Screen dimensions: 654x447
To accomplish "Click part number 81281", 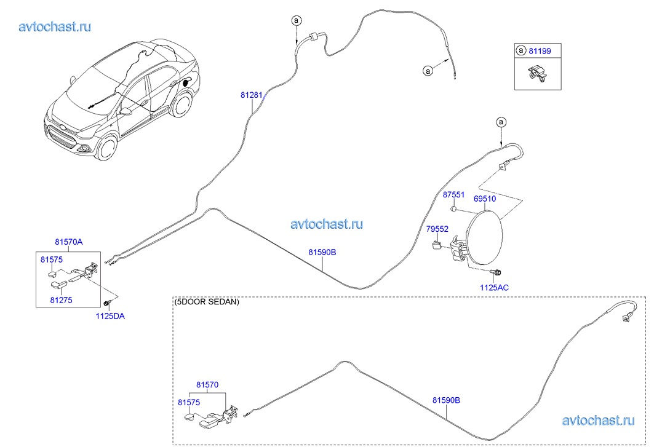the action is (x=252, y=95).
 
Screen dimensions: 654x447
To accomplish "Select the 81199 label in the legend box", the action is (x=540, y=51).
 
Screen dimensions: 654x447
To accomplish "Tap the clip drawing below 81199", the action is (x=537, y=73).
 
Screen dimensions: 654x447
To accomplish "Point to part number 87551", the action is (x=453, y=195).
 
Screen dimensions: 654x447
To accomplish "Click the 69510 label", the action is (x=485, y=199).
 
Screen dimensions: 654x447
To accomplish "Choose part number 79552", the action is (x=437, y=229).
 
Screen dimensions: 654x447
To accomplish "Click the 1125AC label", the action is (x=494, y=288).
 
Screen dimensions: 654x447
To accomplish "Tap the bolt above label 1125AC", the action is (x=496, y=272).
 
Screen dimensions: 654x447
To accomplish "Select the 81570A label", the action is (x=69, y=242).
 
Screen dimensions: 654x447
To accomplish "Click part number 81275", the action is (x=61, y=300).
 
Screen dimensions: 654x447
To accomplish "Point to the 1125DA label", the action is (x=110, y=316).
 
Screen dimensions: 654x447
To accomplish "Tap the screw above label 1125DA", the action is (x=108, y=303).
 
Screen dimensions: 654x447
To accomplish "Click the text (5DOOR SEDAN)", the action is (x=207, y=302).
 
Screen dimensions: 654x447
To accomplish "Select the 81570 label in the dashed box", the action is (x=207, y=385).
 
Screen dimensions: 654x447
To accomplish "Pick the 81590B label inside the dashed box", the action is (x=446, y=400).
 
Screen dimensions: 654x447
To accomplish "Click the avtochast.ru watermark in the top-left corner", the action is (x=55, y=26).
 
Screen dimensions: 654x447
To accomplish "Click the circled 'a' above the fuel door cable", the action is (x=501, y=122).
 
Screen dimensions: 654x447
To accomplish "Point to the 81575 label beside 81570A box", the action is (x=51, y=260).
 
